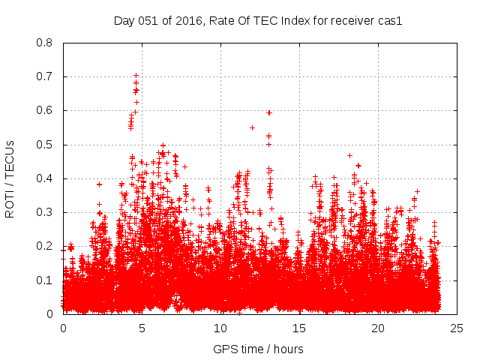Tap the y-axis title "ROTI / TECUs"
pos(10,178)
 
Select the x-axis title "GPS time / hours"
pos(258,349)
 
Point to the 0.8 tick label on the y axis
pos(45,43)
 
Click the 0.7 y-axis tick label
pos(45,76)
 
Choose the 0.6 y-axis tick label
pos(45,110)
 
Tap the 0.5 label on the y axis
pos(45,145)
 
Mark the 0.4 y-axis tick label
pos(45,178)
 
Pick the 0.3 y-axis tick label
pos(45,212)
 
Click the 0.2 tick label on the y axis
pos(45,246)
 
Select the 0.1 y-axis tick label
pos(45,280)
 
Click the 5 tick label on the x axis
pos(142,328)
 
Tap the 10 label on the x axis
pos(220,328)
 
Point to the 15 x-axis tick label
pos(299,328)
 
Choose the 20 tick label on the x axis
pos(378,328)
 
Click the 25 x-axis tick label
pos(457,328)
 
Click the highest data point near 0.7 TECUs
pos(136,76)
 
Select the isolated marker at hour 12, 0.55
pos(252,127)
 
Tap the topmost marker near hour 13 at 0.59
pos(268,112)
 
